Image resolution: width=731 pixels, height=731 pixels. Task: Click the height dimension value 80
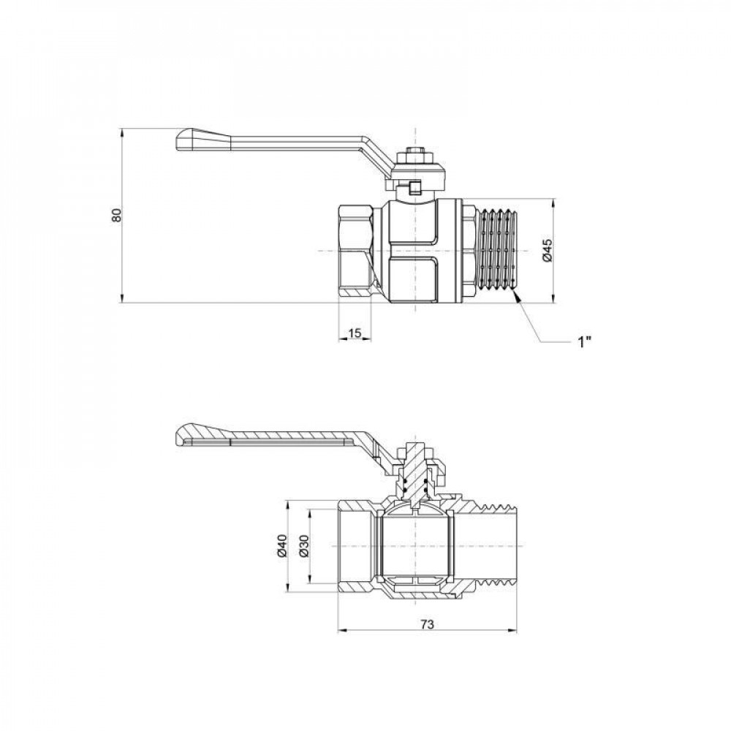point(115,216)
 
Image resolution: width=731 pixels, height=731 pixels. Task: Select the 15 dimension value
point(355,333)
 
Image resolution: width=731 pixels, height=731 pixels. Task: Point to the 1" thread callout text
point(583,342)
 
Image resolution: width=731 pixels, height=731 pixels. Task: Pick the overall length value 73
point(428,624)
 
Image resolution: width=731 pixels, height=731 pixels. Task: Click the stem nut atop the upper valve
point(414,156)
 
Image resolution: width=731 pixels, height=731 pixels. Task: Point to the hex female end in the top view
point(356,250)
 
